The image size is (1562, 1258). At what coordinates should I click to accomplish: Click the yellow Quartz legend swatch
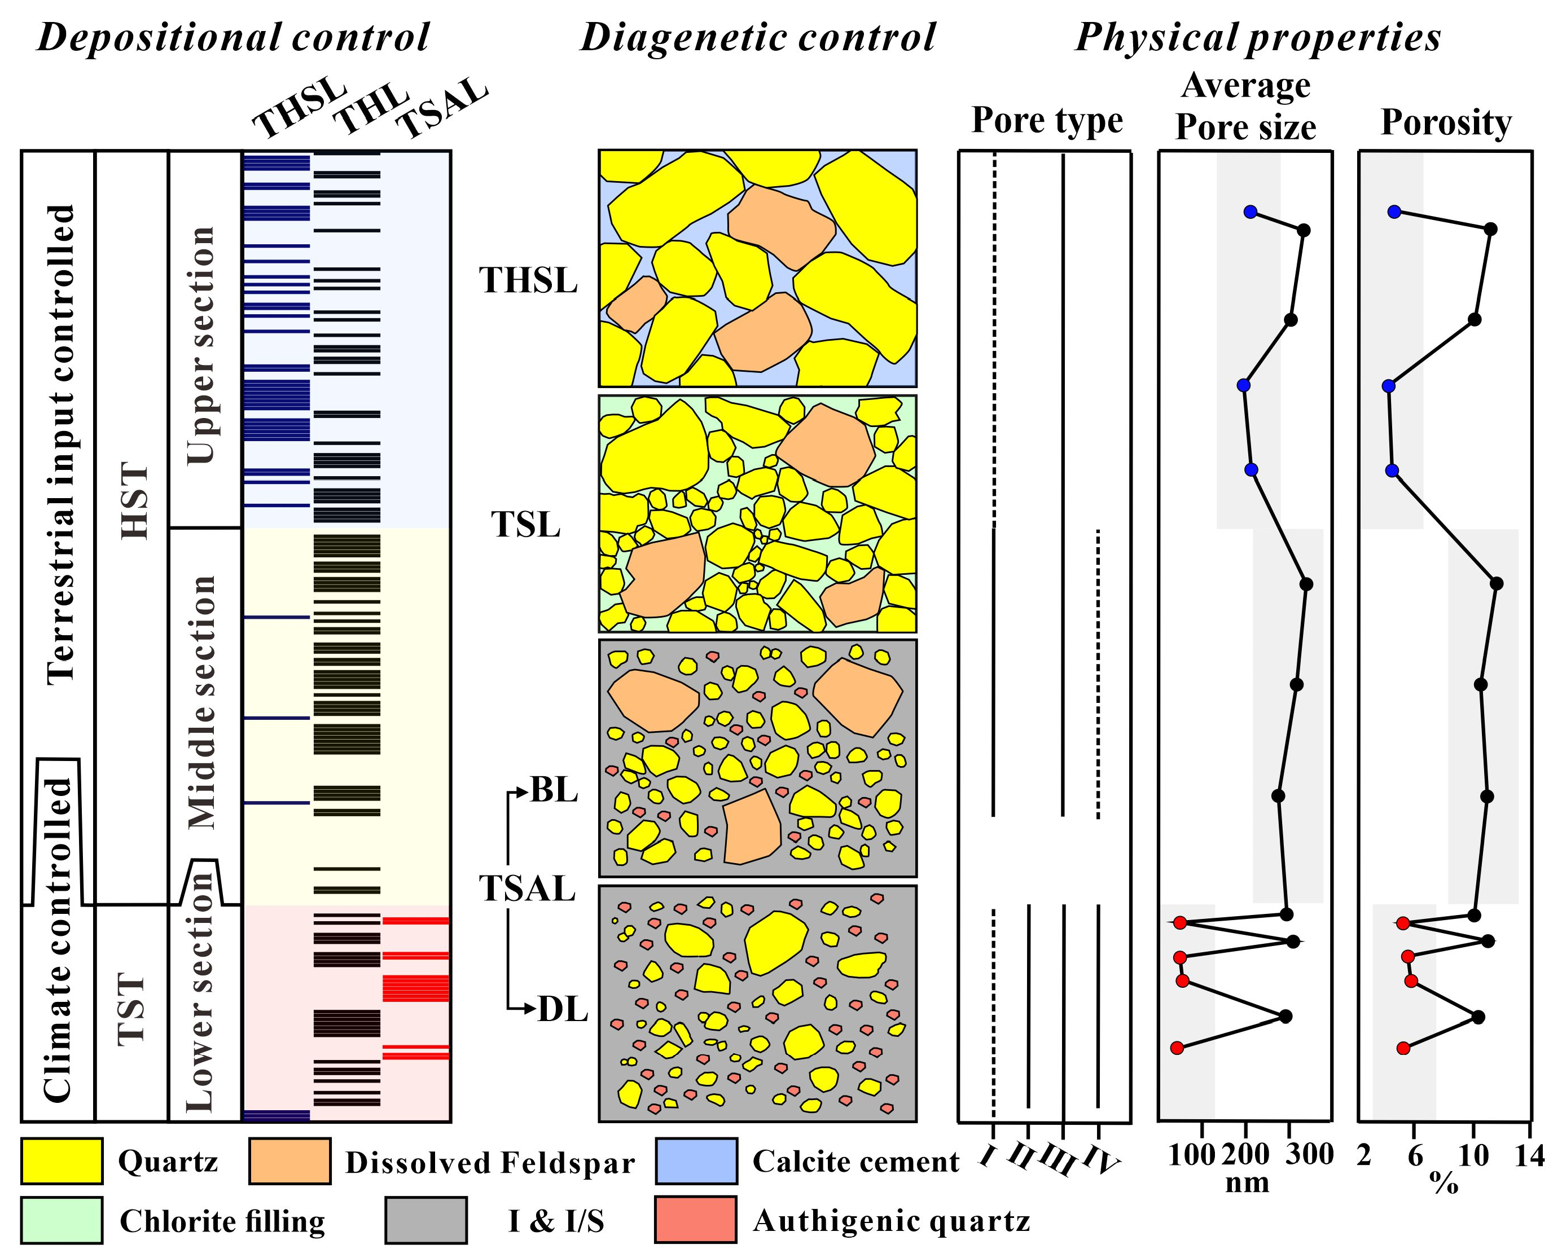pos(61,1161)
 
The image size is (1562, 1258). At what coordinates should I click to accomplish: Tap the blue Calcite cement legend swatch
pos(696,1161)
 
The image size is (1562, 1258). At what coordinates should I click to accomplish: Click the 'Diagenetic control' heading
pos(757,38)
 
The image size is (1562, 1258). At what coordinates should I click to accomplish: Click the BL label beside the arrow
pos(555,790)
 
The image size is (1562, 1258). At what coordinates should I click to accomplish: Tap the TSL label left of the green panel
pos(526,525)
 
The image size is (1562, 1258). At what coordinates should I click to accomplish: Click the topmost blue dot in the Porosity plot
pos(1394,212)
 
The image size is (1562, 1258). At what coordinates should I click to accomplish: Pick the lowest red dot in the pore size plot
pos(1177,1048)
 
